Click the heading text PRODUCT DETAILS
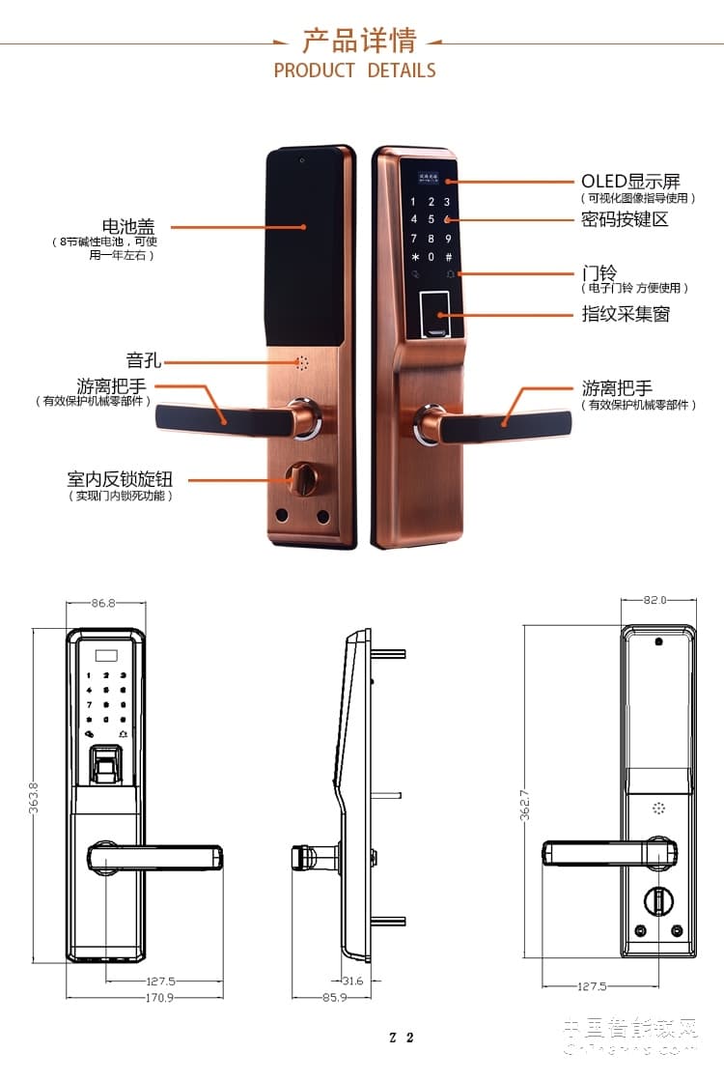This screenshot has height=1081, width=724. pyautogui.click(x=354, y=71)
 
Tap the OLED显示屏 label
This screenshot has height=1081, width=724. pyautogui.click(x=629, y=182)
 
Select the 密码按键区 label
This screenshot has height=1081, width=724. pyautogui.click(x=625, y=219)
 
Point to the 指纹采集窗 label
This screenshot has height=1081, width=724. pyautogui.click(x=625, y=314)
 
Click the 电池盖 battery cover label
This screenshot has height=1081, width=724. pyautogui.click(x=128, y=227)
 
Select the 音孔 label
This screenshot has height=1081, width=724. pyautogui.click(x=143, y=361)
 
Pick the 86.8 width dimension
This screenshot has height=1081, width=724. pyautogui.click(x=103, y=603)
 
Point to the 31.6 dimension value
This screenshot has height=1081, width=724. pyautogui.click(x=353, y=981)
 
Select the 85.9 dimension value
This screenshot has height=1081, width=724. pyautogui.click(x=333, y=997)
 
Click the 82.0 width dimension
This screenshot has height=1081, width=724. pyautogui.click(x=655, y=600)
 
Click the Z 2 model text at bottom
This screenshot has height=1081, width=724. pyautogui.click(x=402, y=1038)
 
